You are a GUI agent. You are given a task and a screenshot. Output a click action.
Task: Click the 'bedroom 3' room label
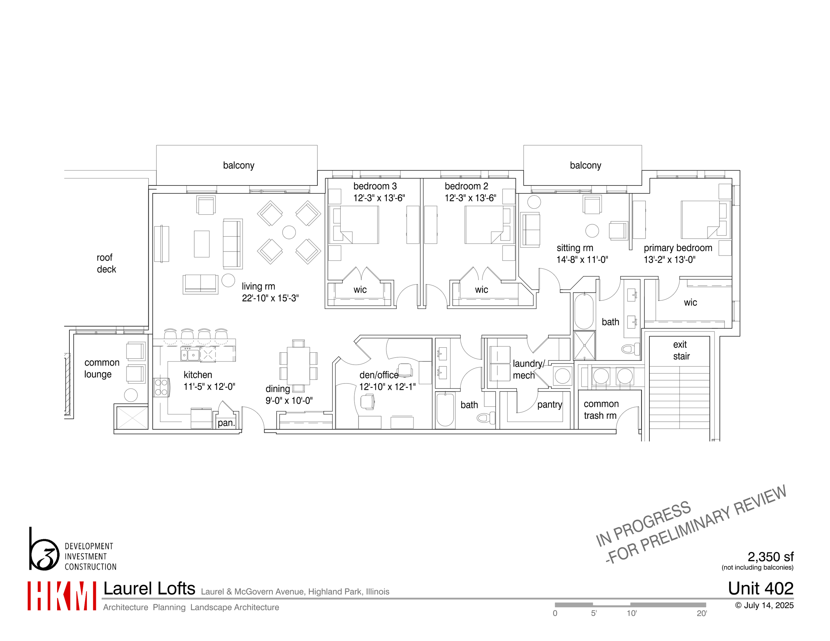[375, 186]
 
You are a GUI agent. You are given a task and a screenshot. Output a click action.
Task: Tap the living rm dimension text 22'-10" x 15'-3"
[270, 298]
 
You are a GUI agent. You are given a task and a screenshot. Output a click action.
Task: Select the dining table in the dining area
[298, 366]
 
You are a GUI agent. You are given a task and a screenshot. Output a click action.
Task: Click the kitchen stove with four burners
[161, 387]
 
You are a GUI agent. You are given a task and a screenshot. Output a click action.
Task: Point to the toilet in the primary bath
[630, 349]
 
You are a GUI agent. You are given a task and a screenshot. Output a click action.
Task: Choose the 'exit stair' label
[681, 350]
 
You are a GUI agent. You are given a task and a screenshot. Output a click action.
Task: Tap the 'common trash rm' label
[601, 410]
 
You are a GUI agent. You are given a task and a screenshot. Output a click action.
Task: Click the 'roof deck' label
[106, 263]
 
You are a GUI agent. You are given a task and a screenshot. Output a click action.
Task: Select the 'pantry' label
[549, 404]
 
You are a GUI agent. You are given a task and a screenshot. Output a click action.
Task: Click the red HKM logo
[61, 596]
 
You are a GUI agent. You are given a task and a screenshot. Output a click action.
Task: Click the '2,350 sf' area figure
[770, 557]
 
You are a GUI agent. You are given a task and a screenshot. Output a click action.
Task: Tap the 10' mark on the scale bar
[631, 613]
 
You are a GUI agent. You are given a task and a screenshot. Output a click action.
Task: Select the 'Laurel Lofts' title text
[149, 589]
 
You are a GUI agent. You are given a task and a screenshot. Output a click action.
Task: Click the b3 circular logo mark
[44, 554]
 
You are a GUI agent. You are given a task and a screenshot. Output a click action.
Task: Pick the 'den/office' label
[378, 375]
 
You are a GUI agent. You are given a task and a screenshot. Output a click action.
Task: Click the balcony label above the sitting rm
[585, 165]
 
